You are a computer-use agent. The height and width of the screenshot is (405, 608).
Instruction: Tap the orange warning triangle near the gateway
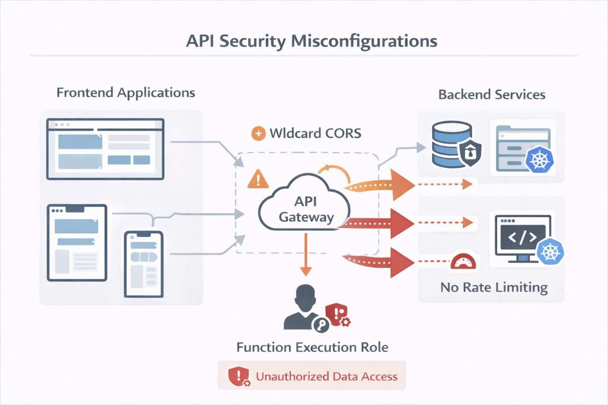coord(258,179)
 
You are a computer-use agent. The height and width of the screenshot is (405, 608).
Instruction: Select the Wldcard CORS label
coord(315,134)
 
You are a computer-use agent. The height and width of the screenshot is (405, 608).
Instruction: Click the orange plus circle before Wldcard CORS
coord(258,134)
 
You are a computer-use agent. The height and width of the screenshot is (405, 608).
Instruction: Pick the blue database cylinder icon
coord(444,144)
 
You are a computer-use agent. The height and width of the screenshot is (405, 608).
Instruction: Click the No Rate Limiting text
coord(493,288)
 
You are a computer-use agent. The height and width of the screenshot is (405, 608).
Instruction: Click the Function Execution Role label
coord(312,347)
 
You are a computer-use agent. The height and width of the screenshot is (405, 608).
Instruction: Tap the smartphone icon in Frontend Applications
coord(144,264)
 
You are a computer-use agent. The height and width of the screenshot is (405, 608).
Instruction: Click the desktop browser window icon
coord(105,148)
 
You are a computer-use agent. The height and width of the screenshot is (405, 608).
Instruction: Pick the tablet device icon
coord(77,242)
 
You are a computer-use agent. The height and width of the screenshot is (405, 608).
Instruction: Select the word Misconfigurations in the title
coord(364,42)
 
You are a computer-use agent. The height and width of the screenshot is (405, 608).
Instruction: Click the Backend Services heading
coord(491,95)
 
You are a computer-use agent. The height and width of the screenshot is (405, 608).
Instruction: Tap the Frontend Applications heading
coord(126,93)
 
